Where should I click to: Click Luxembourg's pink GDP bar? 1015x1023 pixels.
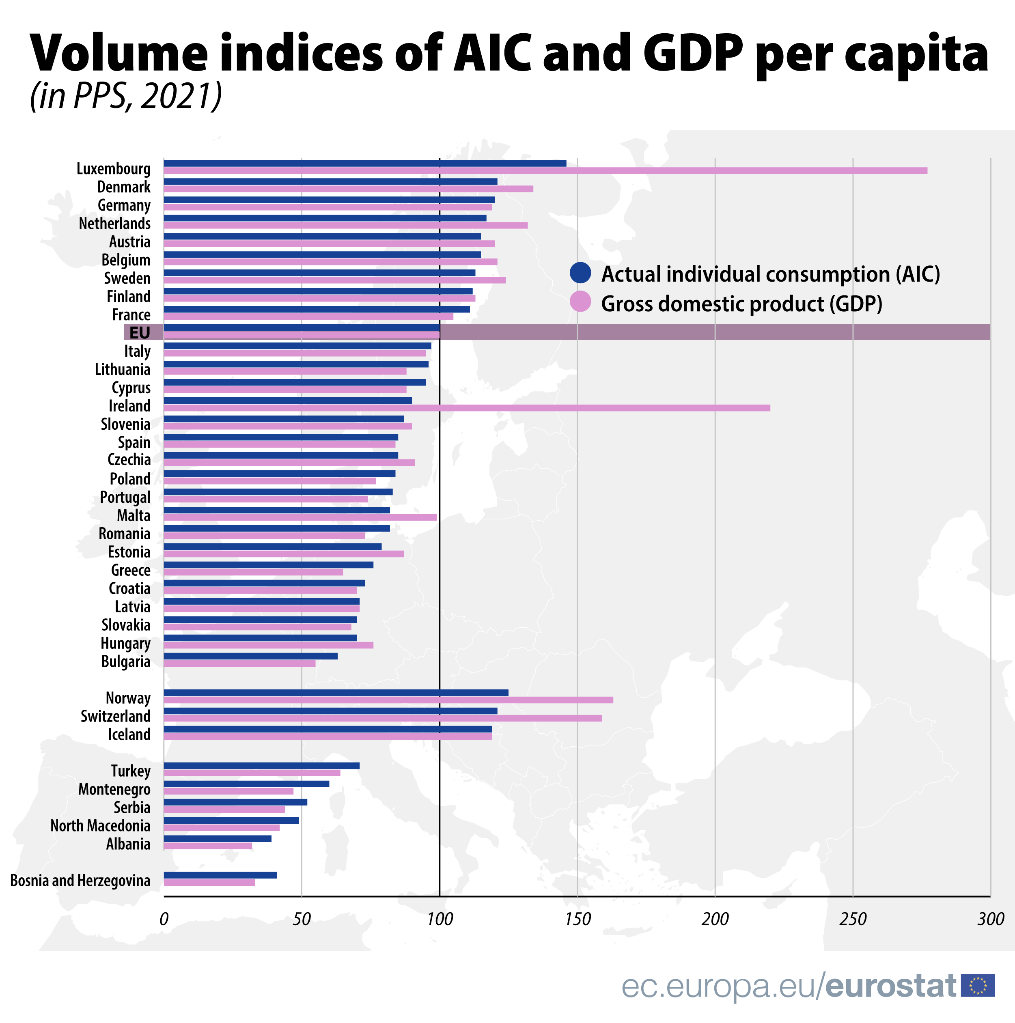(x=545, y=170)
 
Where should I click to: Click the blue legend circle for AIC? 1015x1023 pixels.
(x=580, y=273)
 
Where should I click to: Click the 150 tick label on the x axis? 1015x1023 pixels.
(x=578, y=919)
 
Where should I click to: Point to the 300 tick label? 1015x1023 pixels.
(x=990, y=919)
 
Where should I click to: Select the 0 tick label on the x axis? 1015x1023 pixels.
(x=164, y=919)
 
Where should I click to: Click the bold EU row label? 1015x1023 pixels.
(x=140, y=332)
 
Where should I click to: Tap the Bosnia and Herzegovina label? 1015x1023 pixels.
(x=80, y=880)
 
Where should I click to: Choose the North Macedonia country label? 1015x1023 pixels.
(x=101, y=825)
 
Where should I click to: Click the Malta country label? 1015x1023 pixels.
(x=134, y=515)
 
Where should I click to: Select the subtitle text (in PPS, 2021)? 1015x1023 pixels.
(x=126, y=96)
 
